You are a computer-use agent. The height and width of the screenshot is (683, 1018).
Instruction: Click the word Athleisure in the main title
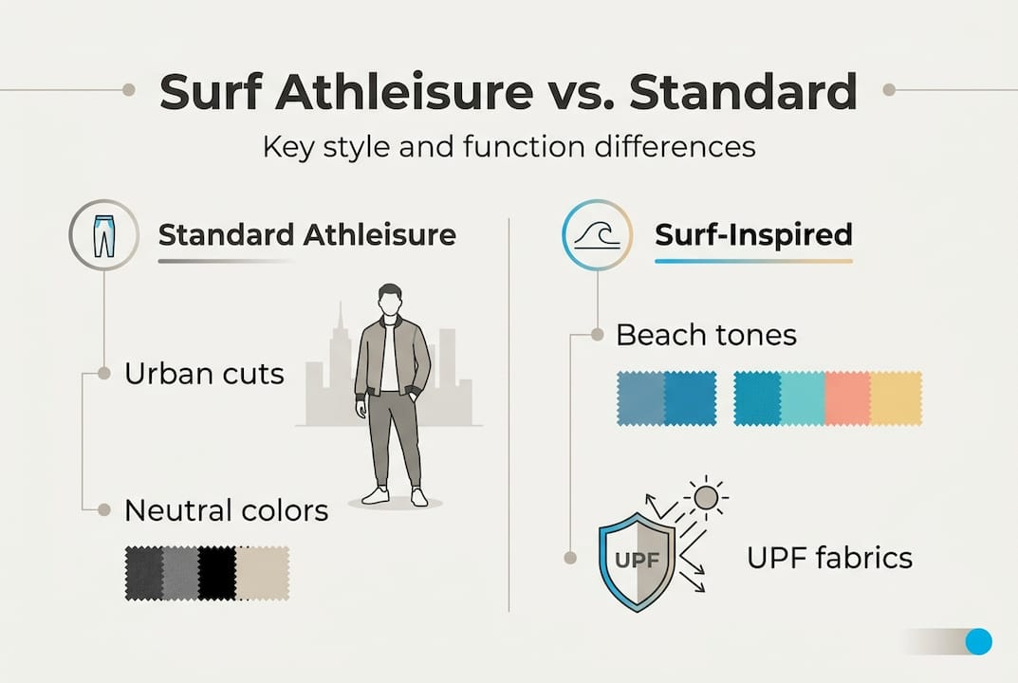[x=404, y=92]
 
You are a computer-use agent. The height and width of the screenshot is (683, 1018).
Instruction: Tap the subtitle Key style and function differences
[x=509, y=147]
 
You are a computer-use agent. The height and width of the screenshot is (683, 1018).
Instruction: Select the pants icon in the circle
[x=103, y=235]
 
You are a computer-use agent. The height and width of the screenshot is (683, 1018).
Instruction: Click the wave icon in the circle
[x=598, y=235]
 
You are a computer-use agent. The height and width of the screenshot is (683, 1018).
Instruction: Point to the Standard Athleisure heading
[x=307, y=234]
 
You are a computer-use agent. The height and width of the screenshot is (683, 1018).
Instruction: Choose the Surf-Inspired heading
[x=753, y=234]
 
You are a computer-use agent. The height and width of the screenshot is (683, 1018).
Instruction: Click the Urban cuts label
[x=205, y=374]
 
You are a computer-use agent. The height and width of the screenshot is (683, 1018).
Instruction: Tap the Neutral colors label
[x=226, y=510]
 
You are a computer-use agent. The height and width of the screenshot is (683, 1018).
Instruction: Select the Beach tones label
[x=706, y=335]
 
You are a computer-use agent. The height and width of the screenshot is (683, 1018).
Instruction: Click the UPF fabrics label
[x=830, y=558]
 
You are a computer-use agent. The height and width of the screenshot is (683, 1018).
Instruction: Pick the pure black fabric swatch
[x=217, y=573]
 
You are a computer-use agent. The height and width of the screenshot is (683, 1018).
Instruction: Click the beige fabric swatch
[x=263, y=573]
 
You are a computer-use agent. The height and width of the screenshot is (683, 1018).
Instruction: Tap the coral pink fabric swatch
[x=848, y=398]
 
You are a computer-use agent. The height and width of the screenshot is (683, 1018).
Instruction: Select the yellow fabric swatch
[x=896, y=398]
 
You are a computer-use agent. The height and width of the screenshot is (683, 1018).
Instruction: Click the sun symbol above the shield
[x=706, y=498]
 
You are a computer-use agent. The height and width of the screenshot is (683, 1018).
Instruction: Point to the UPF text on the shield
[x=637, y=559]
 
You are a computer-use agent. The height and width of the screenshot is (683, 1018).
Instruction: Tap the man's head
[x=390, y=300]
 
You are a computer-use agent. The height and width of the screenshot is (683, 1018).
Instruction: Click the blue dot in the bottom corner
[x=978, y=641]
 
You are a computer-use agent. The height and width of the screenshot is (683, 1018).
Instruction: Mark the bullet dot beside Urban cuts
[x=103, y=374]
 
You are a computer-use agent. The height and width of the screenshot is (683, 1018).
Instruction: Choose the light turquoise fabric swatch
[x=803, y=398]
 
